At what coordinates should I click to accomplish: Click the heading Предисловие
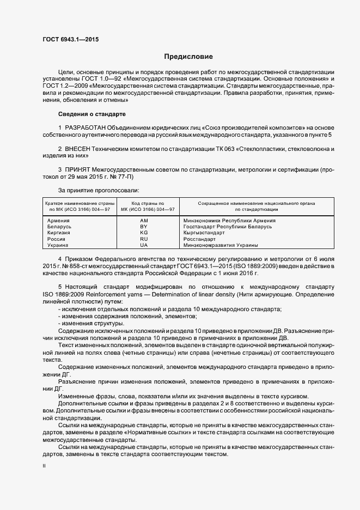click(x=189, y=57)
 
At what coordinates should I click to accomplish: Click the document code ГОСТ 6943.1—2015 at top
click(x=68, y=39)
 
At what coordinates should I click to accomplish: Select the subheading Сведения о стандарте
click(x=91, y=114)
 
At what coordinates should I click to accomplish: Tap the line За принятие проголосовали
click(x=99, y=190)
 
